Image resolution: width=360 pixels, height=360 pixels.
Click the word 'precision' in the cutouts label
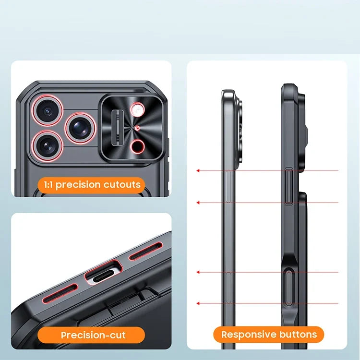[78, 185]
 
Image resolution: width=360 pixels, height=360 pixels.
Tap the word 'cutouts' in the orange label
[122, 185]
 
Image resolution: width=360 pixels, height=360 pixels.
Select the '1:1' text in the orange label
[48, 185]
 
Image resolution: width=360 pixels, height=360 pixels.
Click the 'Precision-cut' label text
[93, 335]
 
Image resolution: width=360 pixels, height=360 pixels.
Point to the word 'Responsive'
[249, 335]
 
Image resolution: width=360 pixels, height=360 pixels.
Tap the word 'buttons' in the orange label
[298, 334]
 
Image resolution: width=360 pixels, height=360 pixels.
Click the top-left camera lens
[48, 111]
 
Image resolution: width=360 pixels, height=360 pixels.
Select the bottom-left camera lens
[48, 146]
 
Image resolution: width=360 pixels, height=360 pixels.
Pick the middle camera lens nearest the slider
[80, 128]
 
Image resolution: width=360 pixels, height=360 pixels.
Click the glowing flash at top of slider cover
[137, 109]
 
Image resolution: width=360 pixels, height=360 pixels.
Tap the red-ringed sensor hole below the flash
[137, 146]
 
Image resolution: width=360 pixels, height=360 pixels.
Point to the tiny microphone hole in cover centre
[137, 128]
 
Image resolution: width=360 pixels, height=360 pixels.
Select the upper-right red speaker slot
[146, 251]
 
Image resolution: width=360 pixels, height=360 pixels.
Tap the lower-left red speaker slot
[60, 293]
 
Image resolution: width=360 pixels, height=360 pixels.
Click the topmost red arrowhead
[198, 170]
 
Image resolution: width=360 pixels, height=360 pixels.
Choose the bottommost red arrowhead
[198, 303]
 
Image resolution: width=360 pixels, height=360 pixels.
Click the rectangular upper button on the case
[289, 186]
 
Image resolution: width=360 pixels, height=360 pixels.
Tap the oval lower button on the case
[288, 287]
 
